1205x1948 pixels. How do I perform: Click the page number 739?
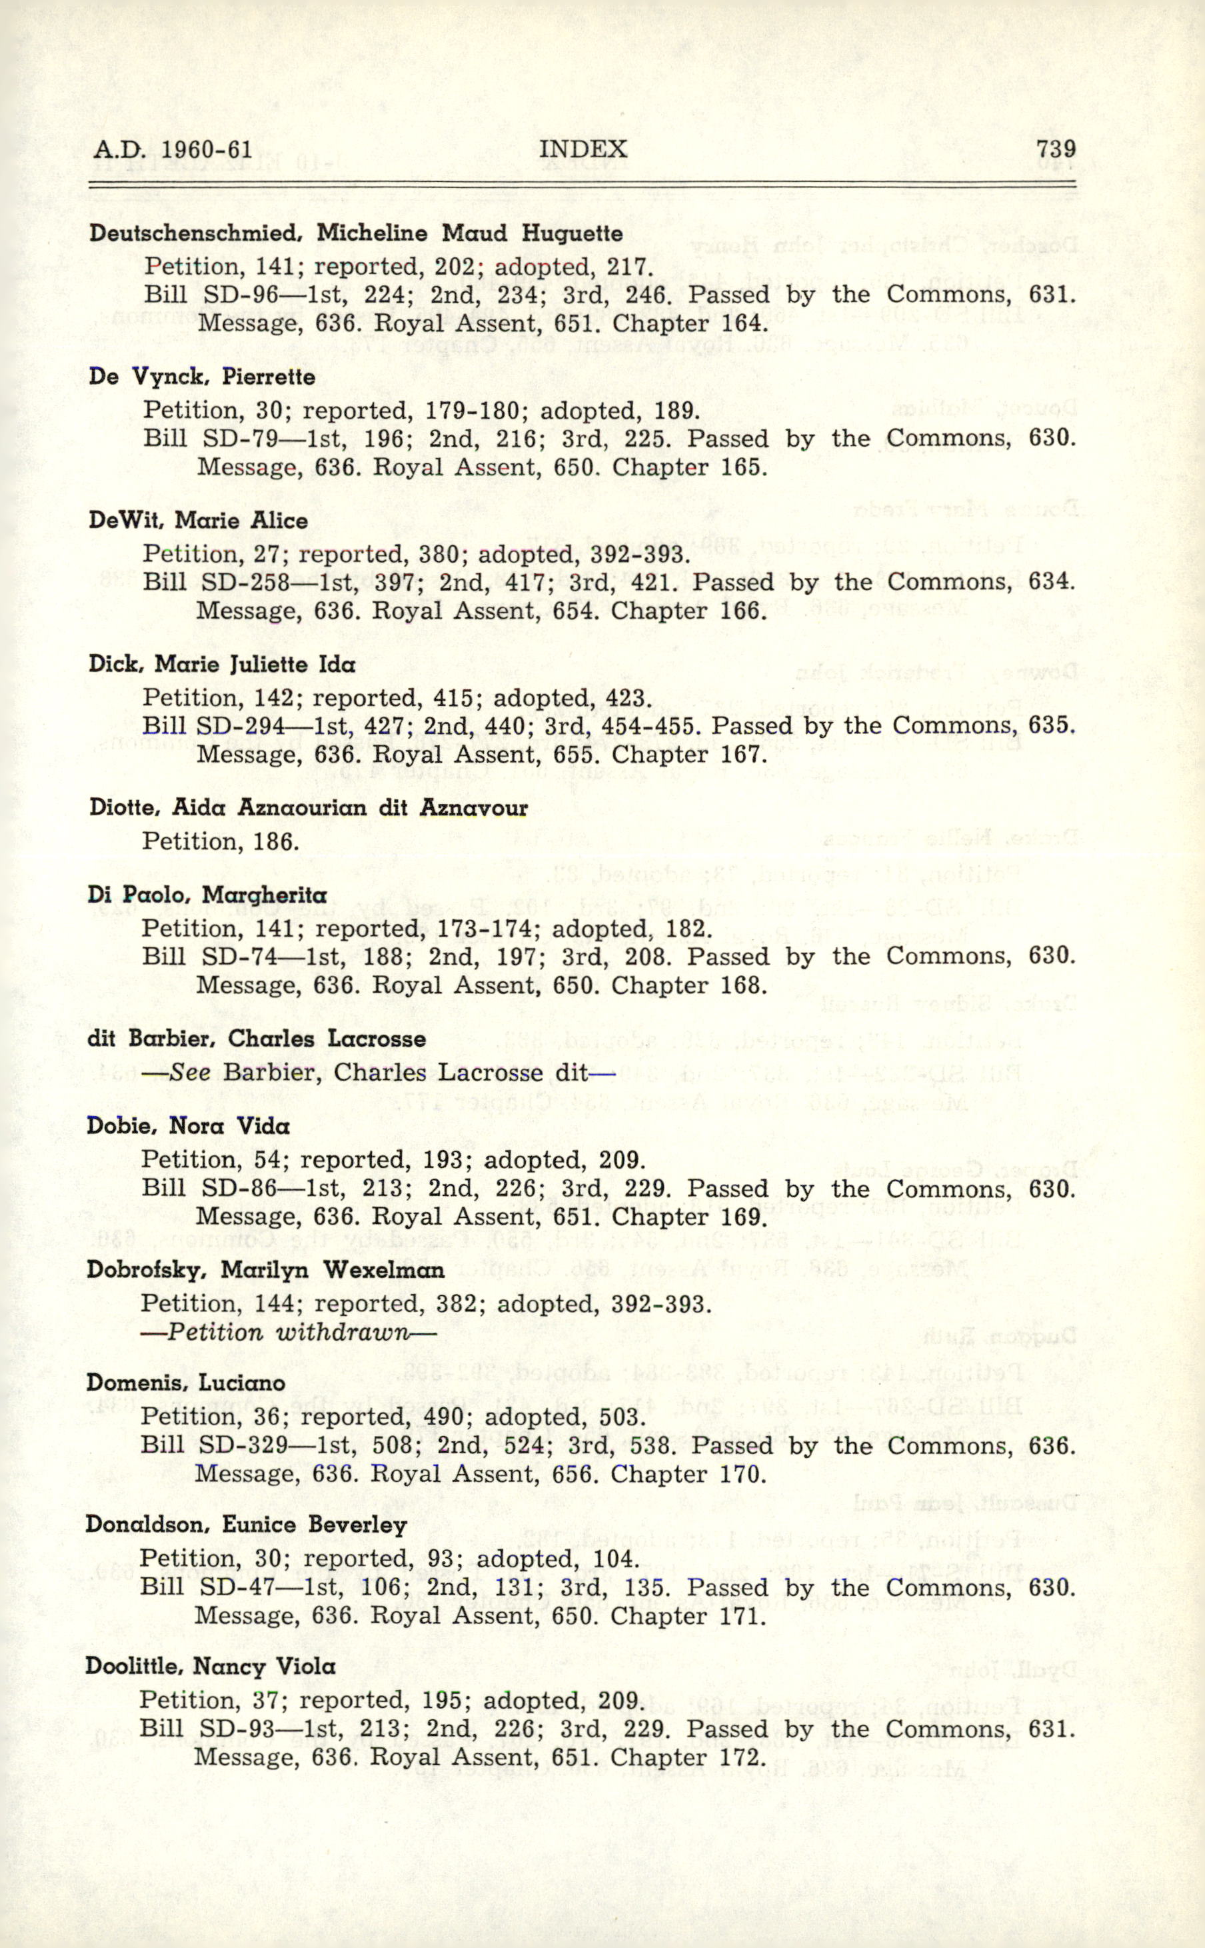1055,149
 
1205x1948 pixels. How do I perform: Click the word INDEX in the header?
583,149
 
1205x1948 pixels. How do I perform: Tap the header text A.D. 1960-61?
173,150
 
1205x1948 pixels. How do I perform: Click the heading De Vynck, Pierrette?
202,377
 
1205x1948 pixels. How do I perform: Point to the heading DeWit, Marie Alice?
199,521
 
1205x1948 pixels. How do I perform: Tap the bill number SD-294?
241,726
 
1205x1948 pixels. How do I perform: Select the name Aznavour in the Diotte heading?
473,808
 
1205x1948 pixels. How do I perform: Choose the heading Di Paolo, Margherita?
207,895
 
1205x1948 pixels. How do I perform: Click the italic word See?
189,1073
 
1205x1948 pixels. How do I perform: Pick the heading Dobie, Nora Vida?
188,1126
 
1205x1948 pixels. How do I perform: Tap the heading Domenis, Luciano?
186,1383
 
